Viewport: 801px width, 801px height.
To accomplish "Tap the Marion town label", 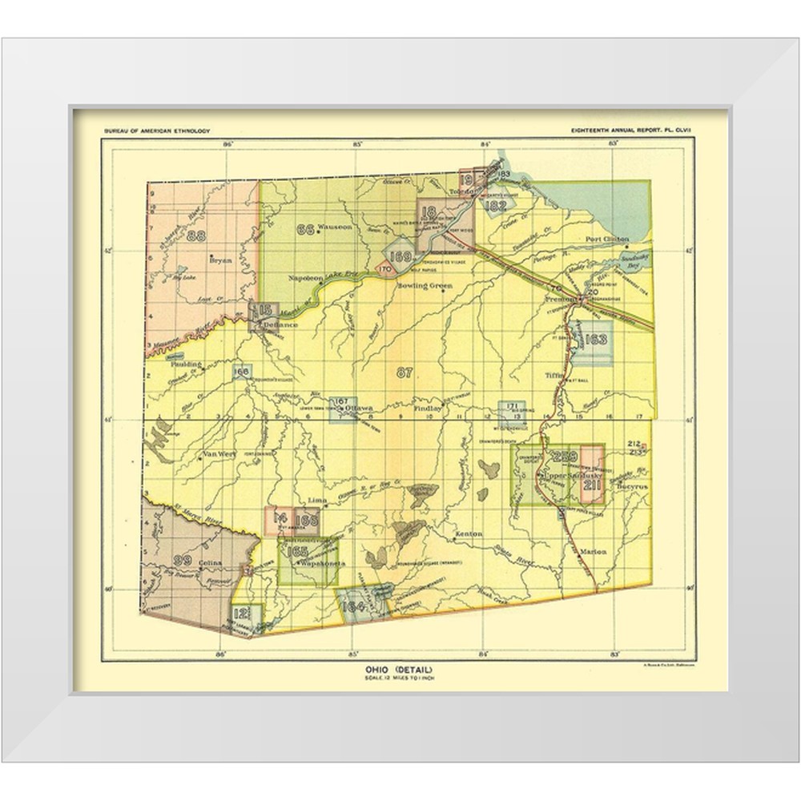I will click(594, 550).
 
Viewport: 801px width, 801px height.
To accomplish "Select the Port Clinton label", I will click(606, 239).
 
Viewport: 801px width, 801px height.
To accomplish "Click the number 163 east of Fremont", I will click(597, 340).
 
